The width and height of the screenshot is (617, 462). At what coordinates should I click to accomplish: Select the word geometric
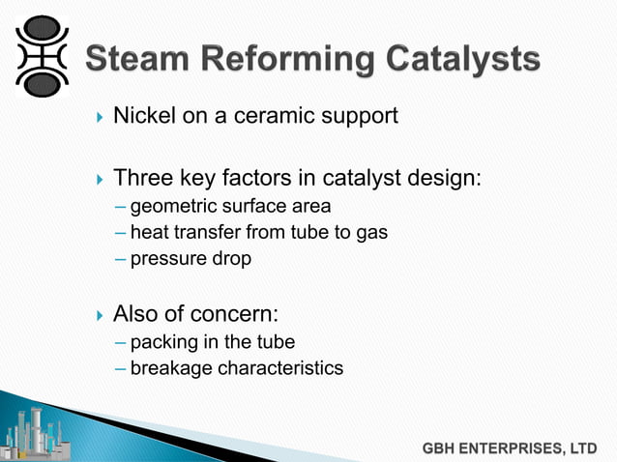click(171, 206)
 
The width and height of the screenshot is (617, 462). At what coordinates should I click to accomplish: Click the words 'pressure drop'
click(190, 260)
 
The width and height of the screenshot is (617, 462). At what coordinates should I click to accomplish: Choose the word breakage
click(169, 368)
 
